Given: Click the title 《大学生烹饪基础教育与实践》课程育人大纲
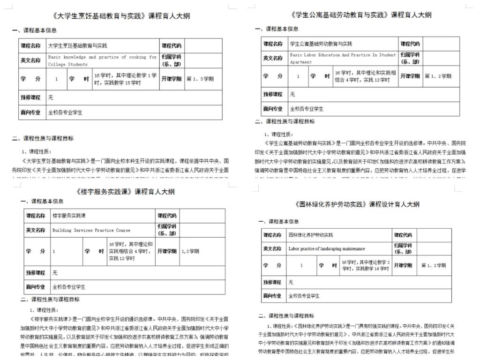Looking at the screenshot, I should pos(122,16).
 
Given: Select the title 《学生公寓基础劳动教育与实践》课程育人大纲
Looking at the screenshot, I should pos(361,15).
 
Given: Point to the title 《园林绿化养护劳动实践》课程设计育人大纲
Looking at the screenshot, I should pos(357,204).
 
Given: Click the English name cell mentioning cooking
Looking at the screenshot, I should pos(102,60).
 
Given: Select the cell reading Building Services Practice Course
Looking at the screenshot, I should pos(91,230).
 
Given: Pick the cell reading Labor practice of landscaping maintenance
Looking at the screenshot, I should pos(327,248).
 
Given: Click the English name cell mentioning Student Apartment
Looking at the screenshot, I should pos(343,58).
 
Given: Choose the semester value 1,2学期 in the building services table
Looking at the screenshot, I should pos(190,251).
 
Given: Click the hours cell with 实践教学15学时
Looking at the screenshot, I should pos(125,79).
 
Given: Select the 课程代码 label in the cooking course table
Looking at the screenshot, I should pos(172,45).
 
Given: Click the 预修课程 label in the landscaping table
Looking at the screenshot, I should pos(272,282).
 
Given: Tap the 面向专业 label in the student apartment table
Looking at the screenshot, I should pos(273,109).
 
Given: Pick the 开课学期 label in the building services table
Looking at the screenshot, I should pos(167,251).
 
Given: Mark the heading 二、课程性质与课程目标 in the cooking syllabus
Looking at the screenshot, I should pos(43,138).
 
